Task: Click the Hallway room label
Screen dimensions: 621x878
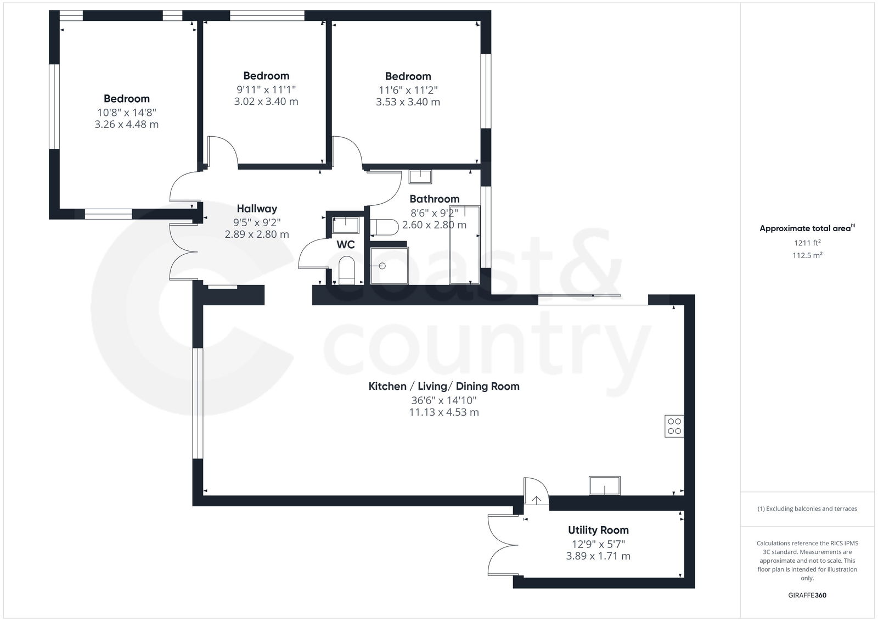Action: pos(257,209)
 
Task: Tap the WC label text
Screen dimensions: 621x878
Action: pos(346,245)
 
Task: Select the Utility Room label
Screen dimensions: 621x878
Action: pos(598,530)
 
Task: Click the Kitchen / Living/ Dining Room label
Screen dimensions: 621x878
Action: pos(443,386)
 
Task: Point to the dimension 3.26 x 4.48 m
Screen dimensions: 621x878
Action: pos(127,125)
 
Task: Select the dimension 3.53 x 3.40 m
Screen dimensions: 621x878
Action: pos(408,102)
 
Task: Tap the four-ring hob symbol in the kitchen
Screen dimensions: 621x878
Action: pos(674,426)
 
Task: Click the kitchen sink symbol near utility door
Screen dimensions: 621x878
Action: pos(605,486)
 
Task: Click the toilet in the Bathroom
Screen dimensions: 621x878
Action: pos(385,227)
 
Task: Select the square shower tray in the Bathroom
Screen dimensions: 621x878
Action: pos(389,266)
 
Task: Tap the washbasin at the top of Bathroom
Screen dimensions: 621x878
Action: pos(420,177)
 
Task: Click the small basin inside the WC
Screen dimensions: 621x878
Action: pos(346,225)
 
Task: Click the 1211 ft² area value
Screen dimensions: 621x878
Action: pos(807,242)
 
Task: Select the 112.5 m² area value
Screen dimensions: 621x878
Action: pos(807,255)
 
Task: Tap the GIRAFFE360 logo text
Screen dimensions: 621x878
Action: pos(807,595)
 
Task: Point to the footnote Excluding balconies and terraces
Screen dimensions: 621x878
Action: pos(807,509)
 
